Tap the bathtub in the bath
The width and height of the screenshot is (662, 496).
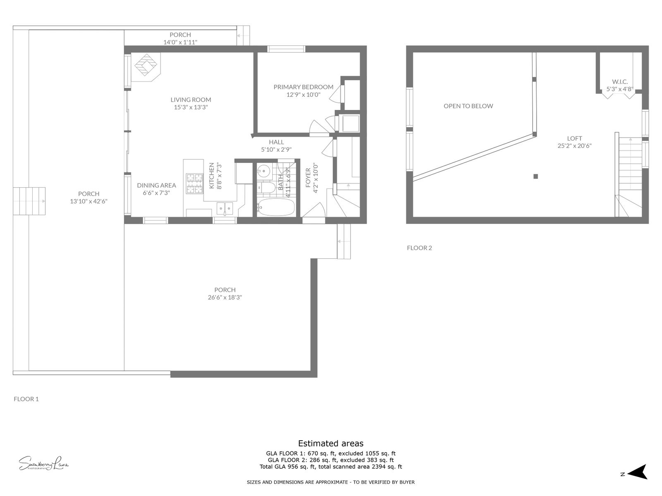[x=276, y=207]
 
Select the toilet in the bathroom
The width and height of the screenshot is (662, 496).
[x=266, y=188]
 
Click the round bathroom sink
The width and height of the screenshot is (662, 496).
[x=263, y=170]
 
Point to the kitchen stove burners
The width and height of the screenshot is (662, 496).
[x=194, y=184]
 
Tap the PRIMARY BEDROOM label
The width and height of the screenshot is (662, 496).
[x=303, y=87]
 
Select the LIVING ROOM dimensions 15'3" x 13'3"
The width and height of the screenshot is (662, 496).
[x=191, y=107]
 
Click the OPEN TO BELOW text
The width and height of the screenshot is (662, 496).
[x=468, y=106]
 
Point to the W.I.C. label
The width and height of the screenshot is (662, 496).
[x=620, y=81]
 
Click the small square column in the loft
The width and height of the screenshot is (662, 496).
[x=535, y=176]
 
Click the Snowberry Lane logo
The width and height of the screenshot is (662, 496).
[x=43, y=463]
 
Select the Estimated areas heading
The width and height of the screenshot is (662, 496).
[x=331, y=444]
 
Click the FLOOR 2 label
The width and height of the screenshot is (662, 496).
[x=419, y=248]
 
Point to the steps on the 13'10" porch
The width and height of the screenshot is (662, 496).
[x=29, y=201]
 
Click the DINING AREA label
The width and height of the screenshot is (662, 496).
[x=156, y=185]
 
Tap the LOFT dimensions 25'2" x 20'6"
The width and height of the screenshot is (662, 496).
[x=574, y=145]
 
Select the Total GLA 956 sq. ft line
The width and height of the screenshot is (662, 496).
[x=331, y=467]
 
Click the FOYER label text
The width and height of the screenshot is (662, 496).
[x=308, y=178]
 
